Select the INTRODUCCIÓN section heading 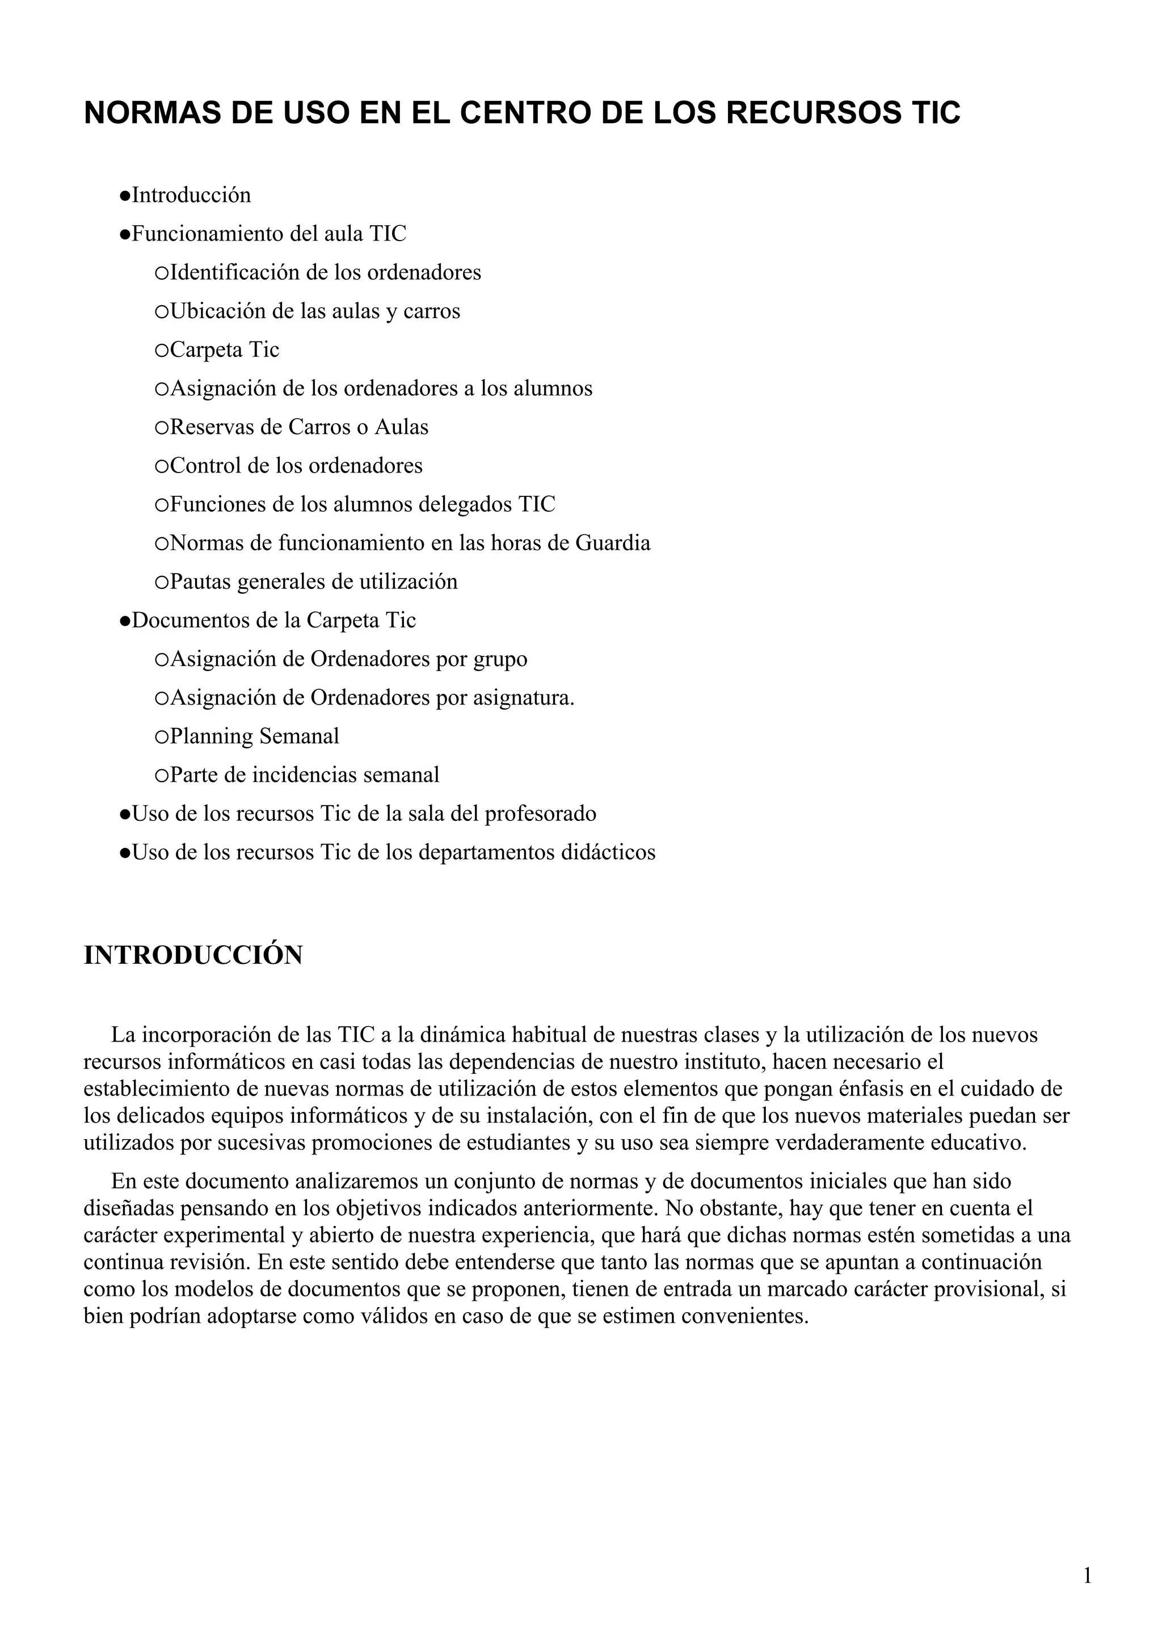click(193, 955)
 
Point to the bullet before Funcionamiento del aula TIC click(125, 234)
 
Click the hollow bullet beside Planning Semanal click(161, 737)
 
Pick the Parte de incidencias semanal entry click(304, 775)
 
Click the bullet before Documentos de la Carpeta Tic click(125, 621)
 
